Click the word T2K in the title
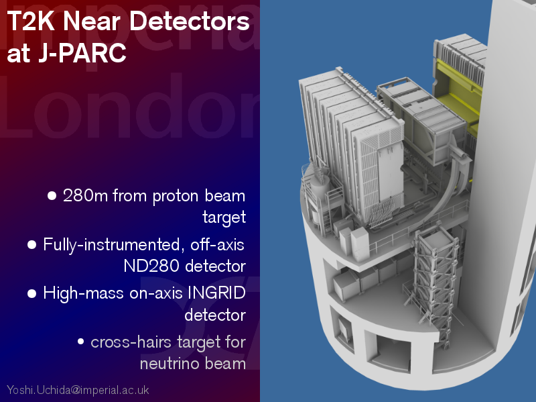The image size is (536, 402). pos(30,21)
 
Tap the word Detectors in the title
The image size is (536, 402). pos(190,21)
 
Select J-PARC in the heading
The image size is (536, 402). pos(82,53)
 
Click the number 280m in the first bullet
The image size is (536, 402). pos(85,195)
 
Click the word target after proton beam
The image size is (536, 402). pos(224,217)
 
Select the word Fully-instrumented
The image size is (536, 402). pos(111,245)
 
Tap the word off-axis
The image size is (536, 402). pos(217,244)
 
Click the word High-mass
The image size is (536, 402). pos(83,294)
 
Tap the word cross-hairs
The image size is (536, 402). pos(131,342)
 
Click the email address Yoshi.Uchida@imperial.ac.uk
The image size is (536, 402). pos(78,390)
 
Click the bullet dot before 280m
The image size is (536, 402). pos(52,196)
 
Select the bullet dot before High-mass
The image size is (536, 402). pos(31,294)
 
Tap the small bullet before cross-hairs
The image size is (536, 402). pos(80,342)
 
